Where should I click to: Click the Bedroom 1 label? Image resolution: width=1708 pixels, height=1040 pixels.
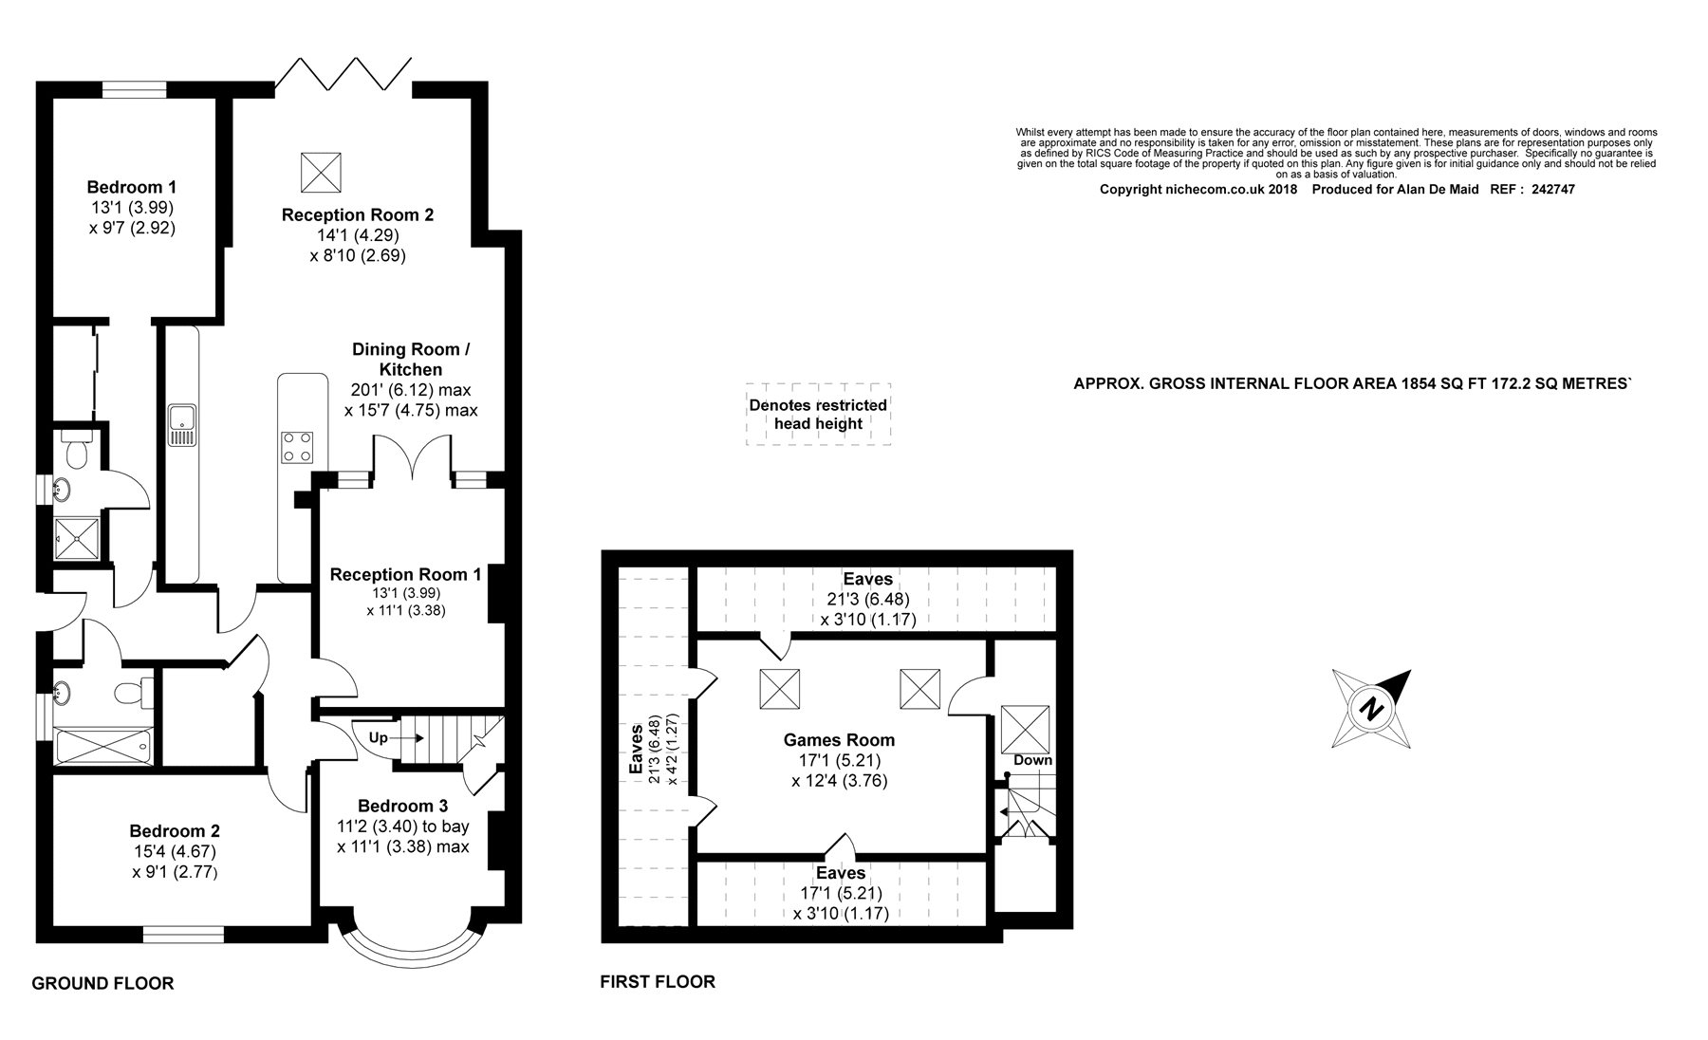pos(131,187)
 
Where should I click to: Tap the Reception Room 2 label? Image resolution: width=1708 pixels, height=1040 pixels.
pos(358,215)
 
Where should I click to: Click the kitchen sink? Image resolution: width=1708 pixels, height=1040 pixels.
pos(181,424)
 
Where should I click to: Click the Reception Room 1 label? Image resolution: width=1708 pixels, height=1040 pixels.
pos(405,574)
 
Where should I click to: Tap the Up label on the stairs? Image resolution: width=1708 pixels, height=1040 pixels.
pos(378,737)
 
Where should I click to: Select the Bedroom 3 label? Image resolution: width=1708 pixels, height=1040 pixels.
pos(403,806)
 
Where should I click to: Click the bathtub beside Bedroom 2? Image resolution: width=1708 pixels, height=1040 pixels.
pos(103,746)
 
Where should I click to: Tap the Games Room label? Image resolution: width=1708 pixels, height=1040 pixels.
pos(839,739)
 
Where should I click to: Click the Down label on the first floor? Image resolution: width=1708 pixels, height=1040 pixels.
pos(1032,760)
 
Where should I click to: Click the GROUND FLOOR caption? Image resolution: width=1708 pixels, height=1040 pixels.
pos(102,983)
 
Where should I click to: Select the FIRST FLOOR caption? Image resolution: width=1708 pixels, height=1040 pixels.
pos(658,981)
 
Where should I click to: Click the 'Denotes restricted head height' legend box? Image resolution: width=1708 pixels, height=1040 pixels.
pos(818,414)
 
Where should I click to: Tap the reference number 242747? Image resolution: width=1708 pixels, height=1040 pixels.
pos(1546,189)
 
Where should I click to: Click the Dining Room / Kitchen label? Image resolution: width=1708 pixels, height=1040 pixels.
pos(411,359)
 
